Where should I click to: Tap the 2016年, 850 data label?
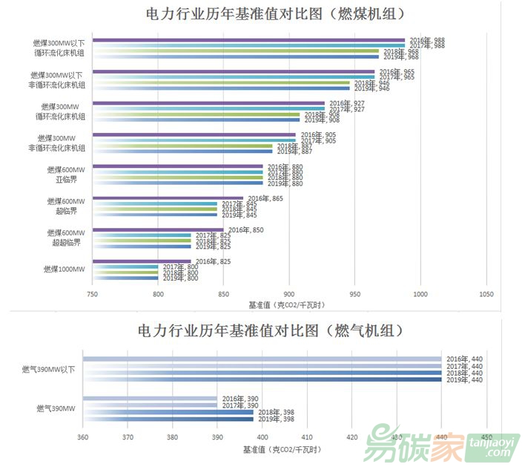coord(245,230)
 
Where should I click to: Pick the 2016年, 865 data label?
coord(265,198)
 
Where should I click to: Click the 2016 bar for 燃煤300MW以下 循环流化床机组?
coord(248,40)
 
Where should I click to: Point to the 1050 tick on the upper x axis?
coord(486,295)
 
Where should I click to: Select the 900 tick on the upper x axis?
coord(289,295)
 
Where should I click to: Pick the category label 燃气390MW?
coord(56,408)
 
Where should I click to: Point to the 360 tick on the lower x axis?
coord(82,437)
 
